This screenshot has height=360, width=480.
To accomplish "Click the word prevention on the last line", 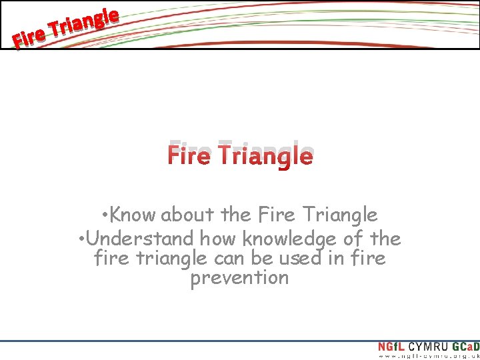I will (240, 278).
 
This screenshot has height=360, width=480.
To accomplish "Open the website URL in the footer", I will (429, 357).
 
